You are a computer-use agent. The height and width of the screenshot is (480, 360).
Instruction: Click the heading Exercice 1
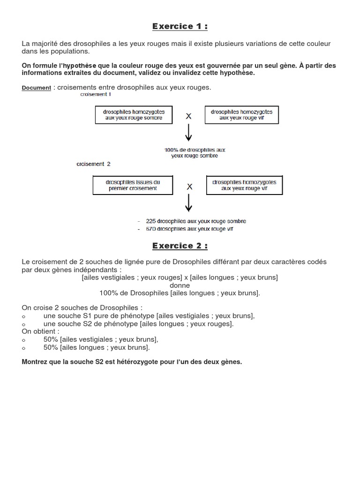coord(180,26)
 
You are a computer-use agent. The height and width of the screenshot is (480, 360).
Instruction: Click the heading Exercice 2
coord(180,246)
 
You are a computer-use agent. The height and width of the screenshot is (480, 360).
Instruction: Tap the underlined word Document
coord(37,88)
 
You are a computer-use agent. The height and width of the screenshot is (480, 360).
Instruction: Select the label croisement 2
coord(93,164)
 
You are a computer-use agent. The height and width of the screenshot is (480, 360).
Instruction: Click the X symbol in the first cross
coord(188,116)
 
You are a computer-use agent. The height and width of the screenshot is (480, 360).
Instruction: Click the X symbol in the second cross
coord(189,186)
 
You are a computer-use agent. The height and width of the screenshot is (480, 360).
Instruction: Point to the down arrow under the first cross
coord(188,134)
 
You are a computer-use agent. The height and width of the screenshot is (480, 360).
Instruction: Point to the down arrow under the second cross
coord(189,203)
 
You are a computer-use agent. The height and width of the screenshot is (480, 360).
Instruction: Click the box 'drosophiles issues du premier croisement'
coord(133,185)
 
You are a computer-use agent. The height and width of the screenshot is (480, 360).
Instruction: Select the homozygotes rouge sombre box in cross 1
coord(134,115)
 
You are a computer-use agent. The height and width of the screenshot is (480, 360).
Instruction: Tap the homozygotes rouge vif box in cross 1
coord(241,115)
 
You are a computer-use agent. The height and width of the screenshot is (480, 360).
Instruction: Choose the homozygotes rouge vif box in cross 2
coord(244,185)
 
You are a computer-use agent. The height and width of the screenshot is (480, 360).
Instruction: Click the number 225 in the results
coord(151,221)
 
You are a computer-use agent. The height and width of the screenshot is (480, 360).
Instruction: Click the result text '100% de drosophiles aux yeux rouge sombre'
coord(195,153)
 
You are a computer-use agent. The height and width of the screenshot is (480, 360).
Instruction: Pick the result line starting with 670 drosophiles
coord(189,229)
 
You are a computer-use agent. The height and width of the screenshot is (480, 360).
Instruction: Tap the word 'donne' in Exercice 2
coord(180,285)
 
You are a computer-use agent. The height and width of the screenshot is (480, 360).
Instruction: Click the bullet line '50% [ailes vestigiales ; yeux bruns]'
coord(101,339)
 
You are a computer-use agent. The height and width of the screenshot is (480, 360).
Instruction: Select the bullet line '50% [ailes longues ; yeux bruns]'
coord(97,347)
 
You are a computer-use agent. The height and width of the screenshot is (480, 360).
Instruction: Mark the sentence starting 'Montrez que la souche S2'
coord(132,362)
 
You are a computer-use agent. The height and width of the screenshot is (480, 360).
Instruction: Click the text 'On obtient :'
coord(40,331)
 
